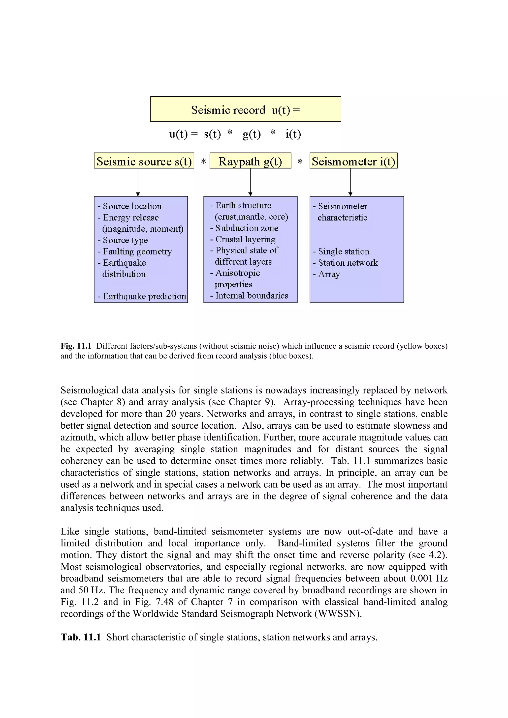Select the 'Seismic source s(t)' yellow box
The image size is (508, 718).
click(144, 161)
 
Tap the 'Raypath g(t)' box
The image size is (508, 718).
click(250, 161)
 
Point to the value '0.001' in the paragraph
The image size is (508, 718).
click(421, 578)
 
